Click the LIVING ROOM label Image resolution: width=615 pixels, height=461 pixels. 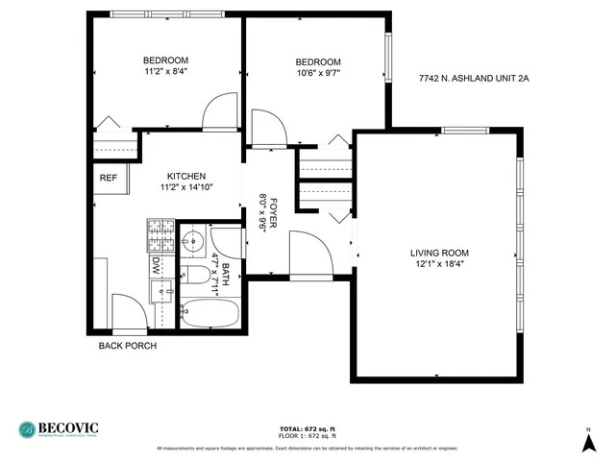point(439,253)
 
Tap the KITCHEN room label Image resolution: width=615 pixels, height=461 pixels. point(185,176)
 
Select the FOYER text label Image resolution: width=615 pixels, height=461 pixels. point(274,205)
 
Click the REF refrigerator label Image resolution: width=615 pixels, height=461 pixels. point(108,178)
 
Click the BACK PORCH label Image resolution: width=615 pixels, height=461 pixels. point(127,346)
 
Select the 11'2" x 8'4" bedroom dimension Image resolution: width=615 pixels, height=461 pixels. point(166,70)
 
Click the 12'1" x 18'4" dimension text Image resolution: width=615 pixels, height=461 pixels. point(439,264)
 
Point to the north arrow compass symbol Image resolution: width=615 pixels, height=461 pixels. point(588,441)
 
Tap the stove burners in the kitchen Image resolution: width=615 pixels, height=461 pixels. point(160,235)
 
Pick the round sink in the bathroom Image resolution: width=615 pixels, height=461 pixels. point(192,240)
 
